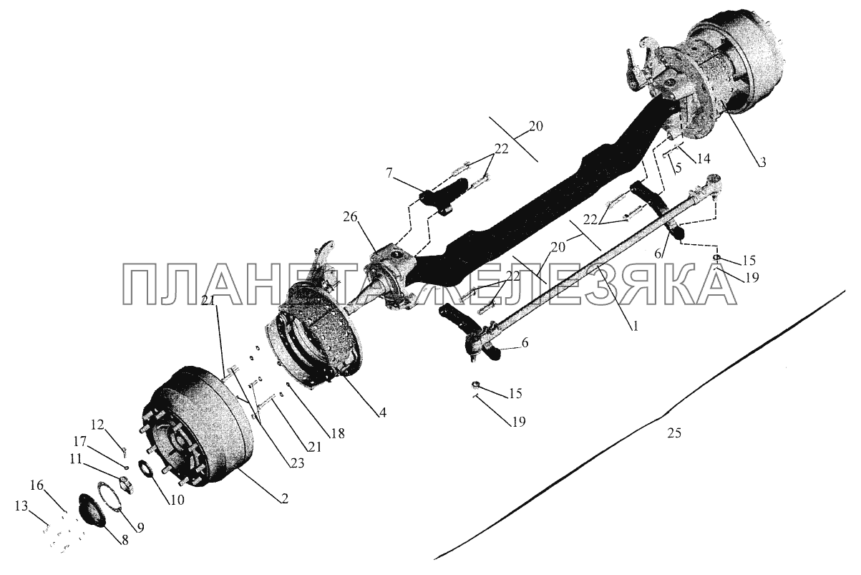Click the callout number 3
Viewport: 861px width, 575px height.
click(x=762, y=162)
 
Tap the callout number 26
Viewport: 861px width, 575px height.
click(x=350, y=217)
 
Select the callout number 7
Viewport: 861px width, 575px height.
click(x=389, y=173)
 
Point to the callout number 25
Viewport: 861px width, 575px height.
click(x=674, y=433)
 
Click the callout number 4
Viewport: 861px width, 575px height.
click(x=381, y=412)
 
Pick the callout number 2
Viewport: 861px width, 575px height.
click(x=284, y=499)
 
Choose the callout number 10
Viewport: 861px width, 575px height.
click(x=177, y=500)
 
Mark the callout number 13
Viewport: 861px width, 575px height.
click(x=21, y=506)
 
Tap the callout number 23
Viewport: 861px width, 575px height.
click(x=297, y=463)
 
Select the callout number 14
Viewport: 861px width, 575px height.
click(x=703, y=158)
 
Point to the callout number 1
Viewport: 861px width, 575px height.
click(x=635, y=327)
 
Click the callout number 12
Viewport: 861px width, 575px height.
click(x=97, y=425)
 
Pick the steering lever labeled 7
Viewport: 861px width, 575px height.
click(x=445, y=195)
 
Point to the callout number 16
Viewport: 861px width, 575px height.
click(x=37, y=485)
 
